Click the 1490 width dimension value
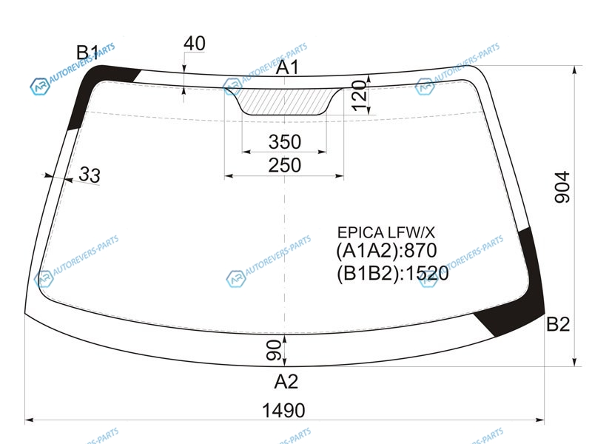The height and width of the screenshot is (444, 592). coord(283,410)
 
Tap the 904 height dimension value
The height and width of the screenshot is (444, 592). coord(562,187)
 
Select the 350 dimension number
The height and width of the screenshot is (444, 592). coord(285,142)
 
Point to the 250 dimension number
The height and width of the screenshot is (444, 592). coord(285,165)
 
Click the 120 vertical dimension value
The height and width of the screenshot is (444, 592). coord(360,95)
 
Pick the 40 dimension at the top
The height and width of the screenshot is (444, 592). coord(195,43)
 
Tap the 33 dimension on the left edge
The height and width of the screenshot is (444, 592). coord(90,175)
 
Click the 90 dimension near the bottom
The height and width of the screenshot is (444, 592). coord(273,350)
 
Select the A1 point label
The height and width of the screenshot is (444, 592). coord(287,67)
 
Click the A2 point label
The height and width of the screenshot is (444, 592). coord(286,381)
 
